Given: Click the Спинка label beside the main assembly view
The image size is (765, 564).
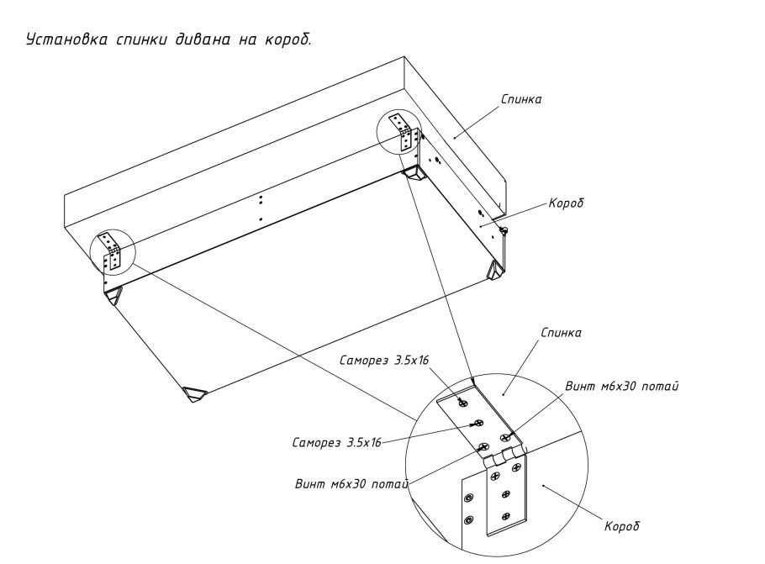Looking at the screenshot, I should tap(521, 99).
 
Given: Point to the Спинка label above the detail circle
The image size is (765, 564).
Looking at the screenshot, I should tap(561, 333).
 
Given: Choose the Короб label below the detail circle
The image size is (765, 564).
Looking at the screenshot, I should tap(622, 526).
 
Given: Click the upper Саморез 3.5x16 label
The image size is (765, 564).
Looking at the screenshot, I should tap(384, 360).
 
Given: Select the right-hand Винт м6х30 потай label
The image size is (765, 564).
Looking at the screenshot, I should tap(623, 387).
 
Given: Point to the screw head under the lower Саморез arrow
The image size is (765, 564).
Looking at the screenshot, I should tap(477, 423).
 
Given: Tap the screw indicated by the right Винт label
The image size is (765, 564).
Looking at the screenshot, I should tap(506, 436).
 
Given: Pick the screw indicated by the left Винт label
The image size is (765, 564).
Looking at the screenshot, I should tap(483, 446).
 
